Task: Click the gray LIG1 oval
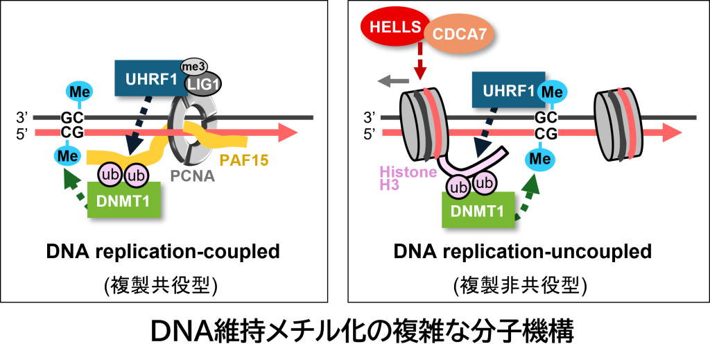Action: pyautogui.click(x=202, y=83)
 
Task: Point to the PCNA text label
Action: pyautogui.click(x=193, y=175)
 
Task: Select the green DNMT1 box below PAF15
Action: pyautogui.click(x=123, y=202)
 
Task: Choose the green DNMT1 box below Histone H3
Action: pyautogui.click(x=478, y=211)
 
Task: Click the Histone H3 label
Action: pyautogui.click(x=408, y=178)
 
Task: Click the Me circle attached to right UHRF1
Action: pyautogui.click(x=553, y=91)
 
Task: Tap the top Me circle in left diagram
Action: pyautogui.click(x=77, y=91)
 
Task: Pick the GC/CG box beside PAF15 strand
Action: pyautogui.click(x=71, y=125)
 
